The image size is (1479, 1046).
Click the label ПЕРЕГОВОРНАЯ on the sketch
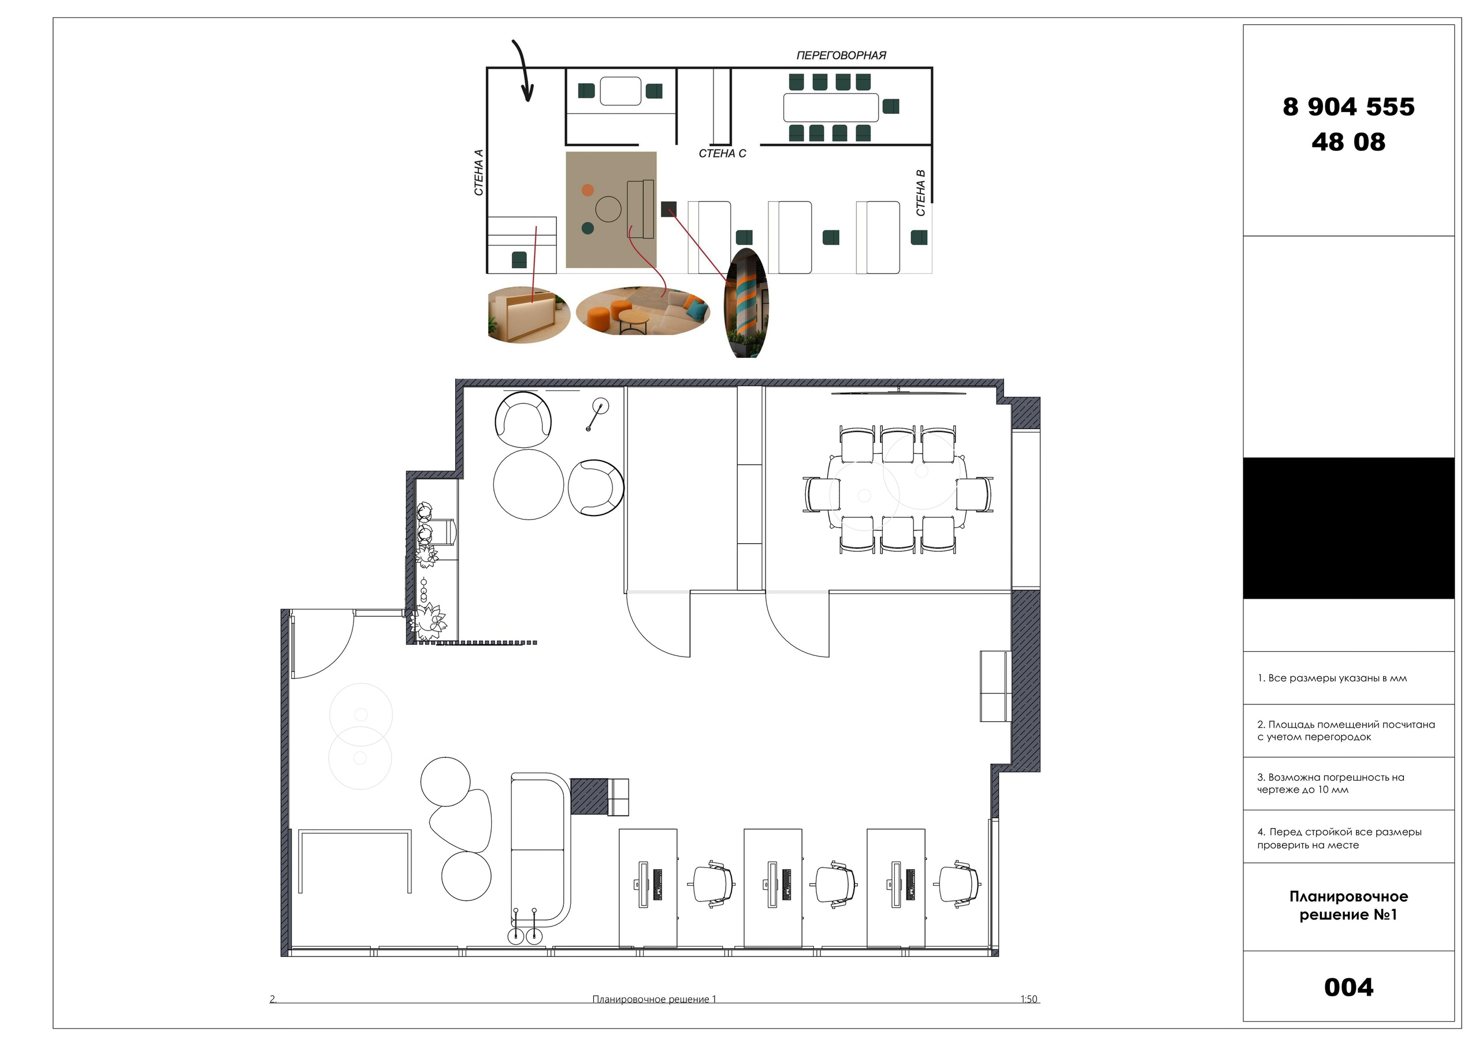[x=841, y=55]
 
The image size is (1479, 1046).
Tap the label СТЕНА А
[x=478, y=173]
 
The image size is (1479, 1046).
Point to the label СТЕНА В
[x=920, y=192]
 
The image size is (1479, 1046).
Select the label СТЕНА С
[x=722, y=153]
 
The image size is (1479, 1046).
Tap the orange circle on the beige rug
[x=588, y=190]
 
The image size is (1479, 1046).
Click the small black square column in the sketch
[x=668, y=209]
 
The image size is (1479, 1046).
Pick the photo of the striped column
[x=746, y=303]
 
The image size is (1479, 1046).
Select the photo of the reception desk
[x=529, y=314]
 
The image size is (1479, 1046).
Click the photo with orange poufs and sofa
[x=643, y=311]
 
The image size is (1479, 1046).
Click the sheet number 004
[x=1348, y=988]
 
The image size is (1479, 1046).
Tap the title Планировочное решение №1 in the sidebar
[x=1348, y=906]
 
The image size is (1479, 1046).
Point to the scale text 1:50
[x=1029, y=999]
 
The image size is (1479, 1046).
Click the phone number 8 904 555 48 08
[x=1348, y=124]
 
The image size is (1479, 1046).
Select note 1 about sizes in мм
[x=1332, y=678]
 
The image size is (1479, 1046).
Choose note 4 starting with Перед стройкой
[x=1339, y=839]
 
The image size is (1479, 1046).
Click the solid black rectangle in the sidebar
[x=1348, y=528]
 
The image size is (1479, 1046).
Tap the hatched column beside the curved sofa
[x=589, y=796]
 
